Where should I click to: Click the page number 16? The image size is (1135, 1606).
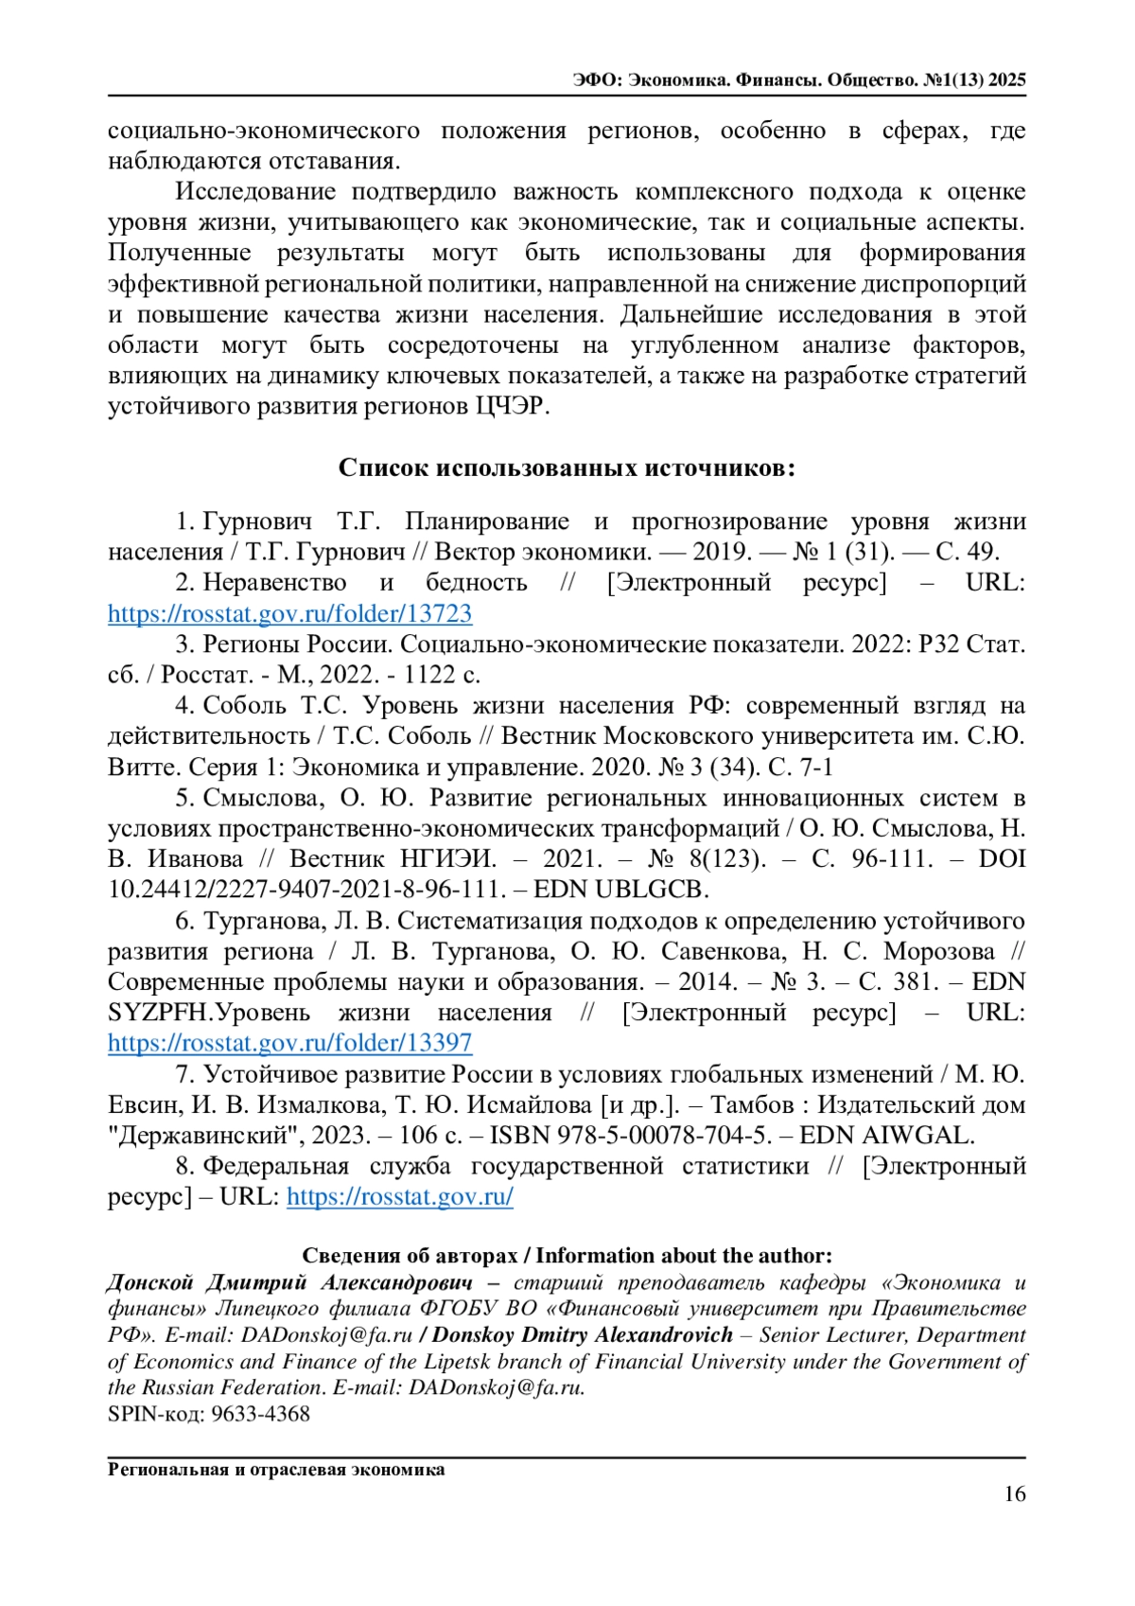click(x=1014, y=1494)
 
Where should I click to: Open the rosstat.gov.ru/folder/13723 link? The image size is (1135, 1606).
click(x=289, y=613)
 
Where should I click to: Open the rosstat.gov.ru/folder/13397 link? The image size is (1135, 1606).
click(x=289, y=1043)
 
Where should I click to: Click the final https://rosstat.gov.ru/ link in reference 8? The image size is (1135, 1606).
click(x=400, y=1196)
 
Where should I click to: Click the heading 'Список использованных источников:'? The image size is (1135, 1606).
click(x=567, y=468)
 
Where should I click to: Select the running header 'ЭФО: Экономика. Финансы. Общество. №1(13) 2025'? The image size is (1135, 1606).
click(x=799, y=80)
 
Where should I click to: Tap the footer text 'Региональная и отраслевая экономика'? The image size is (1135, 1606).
click(x=276, y=1470)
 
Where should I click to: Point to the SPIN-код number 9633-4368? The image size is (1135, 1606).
click(x=260, y=1414)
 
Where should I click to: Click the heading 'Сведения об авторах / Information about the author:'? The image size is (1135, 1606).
click(x=567, y=1256)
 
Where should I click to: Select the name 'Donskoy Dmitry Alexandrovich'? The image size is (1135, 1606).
click(x=583, y=1335)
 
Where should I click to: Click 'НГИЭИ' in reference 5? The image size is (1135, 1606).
click(x=447, y=859)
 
